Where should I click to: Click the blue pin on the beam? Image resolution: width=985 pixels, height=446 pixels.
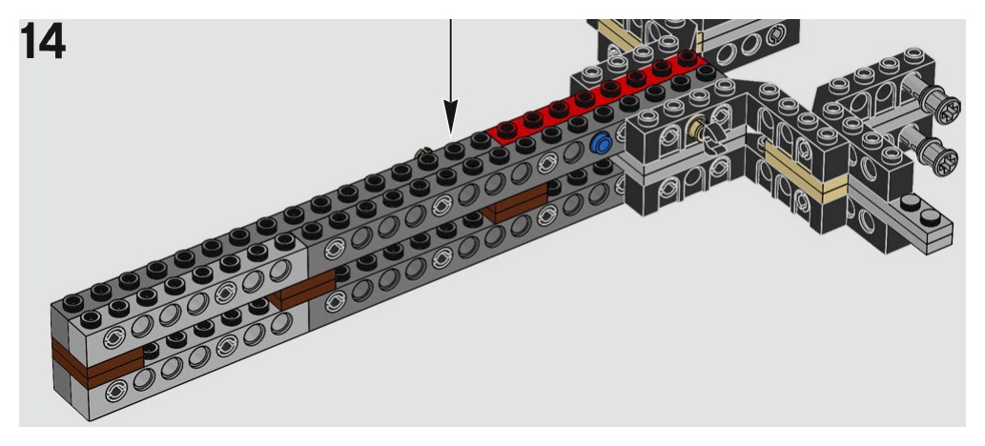[601, 145]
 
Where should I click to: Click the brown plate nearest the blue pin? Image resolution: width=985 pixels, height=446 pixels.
[515, 203]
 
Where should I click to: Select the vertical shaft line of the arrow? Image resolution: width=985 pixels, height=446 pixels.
[449, 57]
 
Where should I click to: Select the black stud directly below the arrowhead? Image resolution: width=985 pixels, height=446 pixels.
[453, 149]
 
